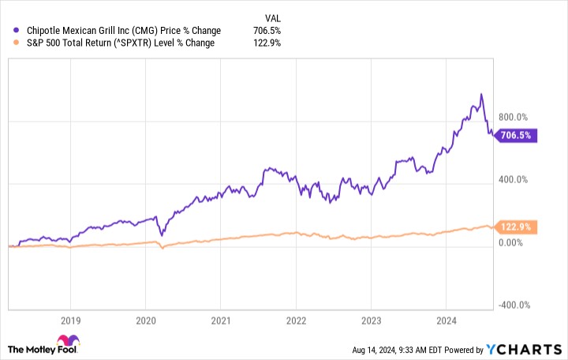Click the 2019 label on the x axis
click(x=70, y=321)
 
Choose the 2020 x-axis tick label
click(x=145, y=321)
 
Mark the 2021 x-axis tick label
click(x=221, y=321)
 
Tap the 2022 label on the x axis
click(x=296, y=321)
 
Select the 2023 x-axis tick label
click(x=371, y=321)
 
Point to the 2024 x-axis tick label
click(x=446, y=321)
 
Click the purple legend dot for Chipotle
click(x=17, y=31)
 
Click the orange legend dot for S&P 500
click(x=17, y=43)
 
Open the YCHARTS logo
click(x=532, y=348)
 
